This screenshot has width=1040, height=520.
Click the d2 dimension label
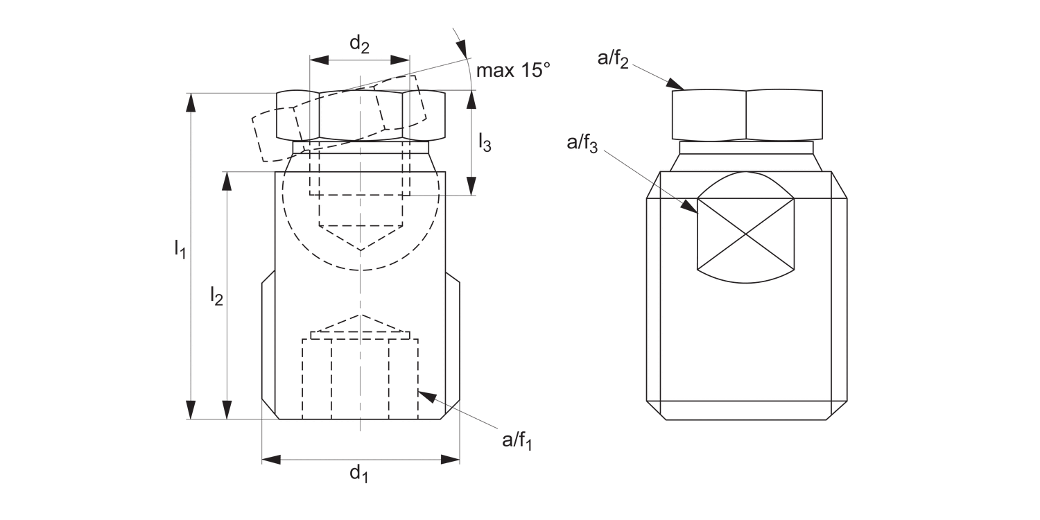pyautogui.click(x=359, y=44)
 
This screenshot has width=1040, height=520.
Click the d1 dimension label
pyautogui.click(x=358, y=474)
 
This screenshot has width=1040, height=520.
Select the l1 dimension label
pyautogui.click(x=180, y=248)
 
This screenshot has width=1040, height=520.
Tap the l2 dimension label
pyautogui.click(x=216, y=297)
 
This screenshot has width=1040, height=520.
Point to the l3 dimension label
pyautogui.click(x=485, y=143)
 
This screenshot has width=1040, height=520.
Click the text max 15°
pyautogui.click(x=512, y=70)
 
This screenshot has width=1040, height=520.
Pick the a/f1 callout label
pyautogui.click(x=517, y=440)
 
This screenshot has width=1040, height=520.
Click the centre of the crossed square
pyautogui.click(x=745, y=233)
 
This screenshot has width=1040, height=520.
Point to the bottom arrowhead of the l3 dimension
pyautogui.click(x=471, y=186)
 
